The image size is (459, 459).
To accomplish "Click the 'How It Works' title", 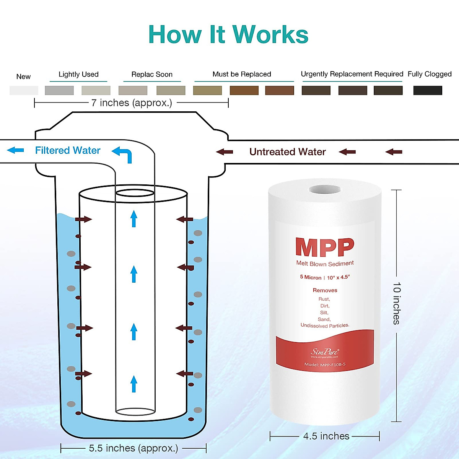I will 228,35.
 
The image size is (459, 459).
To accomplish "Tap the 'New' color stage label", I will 23,76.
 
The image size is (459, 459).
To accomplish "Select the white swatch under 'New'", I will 24,91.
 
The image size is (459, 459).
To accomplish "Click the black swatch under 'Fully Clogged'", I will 428,91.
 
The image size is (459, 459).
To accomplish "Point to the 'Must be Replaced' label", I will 242,74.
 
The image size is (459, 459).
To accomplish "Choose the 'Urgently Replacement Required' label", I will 352,74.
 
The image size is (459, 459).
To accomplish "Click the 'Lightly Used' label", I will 78,74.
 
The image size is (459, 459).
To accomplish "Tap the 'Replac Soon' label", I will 152,74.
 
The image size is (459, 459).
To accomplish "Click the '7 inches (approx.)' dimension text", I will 132,103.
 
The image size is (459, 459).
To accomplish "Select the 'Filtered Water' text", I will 68,150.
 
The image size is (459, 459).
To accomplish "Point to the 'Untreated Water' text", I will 287,152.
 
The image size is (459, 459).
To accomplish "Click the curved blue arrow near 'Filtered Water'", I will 123,154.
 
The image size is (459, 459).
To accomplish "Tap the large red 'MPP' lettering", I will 325,247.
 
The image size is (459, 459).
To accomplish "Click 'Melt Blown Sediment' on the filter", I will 325,264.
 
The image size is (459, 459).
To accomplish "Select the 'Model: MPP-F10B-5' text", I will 325,365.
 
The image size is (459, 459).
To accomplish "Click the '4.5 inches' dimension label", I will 326,436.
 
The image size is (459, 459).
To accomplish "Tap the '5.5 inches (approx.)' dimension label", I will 133,448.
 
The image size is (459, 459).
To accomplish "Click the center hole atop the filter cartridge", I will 325,189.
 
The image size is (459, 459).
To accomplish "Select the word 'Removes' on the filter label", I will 325,290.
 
